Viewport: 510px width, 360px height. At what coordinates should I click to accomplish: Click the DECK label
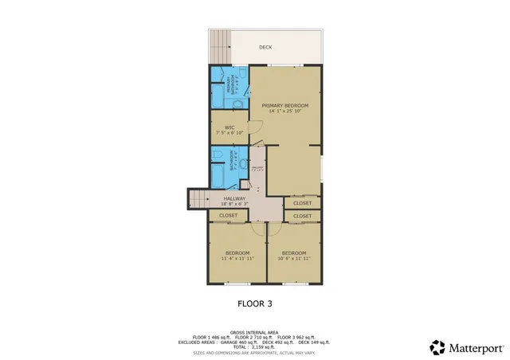[x=265, y=47]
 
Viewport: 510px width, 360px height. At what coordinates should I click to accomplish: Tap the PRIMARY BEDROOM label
[x=284, y=105]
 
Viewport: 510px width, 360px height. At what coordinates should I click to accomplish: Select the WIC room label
[x=229, y=127]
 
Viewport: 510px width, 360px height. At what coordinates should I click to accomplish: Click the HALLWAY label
[x=234, y=198]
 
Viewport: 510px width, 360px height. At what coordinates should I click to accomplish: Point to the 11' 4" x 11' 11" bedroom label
[x=237, y=256]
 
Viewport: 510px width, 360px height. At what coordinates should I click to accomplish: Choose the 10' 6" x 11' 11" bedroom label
[x=294, y=256]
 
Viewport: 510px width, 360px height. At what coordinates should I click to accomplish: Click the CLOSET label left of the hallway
[x=229, y=215]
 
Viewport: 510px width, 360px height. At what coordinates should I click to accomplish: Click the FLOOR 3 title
[x=256, y=303]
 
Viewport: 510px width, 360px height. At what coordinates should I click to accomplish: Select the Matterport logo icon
[x=438, y=347]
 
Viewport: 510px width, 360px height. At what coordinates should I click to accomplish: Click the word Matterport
[x=477, y=347]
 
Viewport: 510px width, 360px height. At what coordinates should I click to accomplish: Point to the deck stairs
[x=219, y=47]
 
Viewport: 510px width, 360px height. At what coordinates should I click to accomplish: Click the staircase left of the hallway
[x=198, y=199]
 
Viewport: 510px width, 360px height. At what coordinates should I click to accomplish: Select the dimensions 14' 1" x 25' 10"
[x=284, y=111]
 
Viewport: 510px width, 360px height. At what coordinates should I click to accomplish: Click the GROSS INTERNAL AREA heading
[x=254, y=332]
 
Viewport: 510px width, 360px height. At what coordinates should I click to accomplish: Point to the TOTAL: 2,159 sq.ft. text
[x=254, y=347]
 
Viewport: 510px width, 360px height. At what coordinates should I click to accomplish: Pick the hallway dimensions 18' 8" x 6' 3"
[x=234, y=204]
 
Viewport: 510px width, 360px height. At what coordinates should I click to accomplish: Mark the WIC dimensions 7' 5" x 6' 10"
[x=229, y=133]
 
